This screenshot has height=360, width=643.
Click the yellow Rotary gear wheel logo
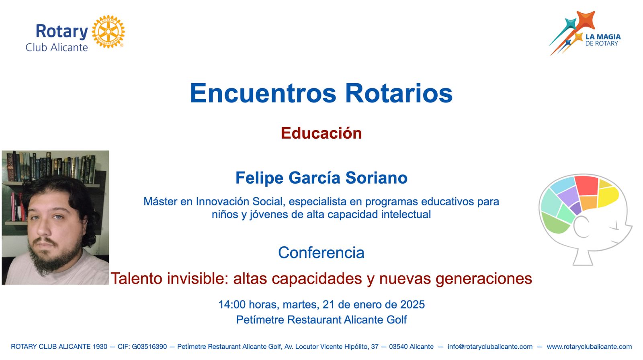click(x=108, y=32)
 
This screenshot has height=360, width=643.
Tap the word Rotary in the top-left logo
click(x=62, y=31)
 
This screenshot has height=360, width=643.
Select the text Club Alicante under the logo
click(x=57, y=47)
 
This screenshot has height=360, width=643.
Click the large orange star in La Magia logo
click(x=585, y=20)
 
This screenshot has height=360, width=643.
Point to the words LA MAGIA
click(x=603, y=37)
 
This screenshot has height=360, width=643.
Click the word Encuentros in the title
click(x=263, y=93)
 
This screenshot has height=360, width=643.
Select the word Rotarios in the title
click(x=399, y=93)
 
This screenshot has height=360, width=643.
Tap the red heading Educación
click(x=321, y=133)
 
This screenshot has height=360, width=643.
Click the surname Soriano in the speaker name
click(x=376, y=178)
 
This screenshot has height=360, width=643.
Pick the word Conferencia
click(x=321, y=253)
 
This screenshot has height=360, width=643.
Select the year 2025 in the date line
click(x=412, y=304)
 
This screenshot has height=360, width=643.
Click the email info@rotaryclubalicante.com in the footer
click(x=490, y=346)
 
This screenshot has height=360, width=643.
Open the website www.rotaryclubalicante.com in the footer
click(x=589, y=346)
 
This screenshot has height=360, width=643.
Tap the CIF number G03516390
click(x=149, y=346)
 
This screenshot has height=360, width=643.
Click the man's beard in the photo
click(x=55, y=256)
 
